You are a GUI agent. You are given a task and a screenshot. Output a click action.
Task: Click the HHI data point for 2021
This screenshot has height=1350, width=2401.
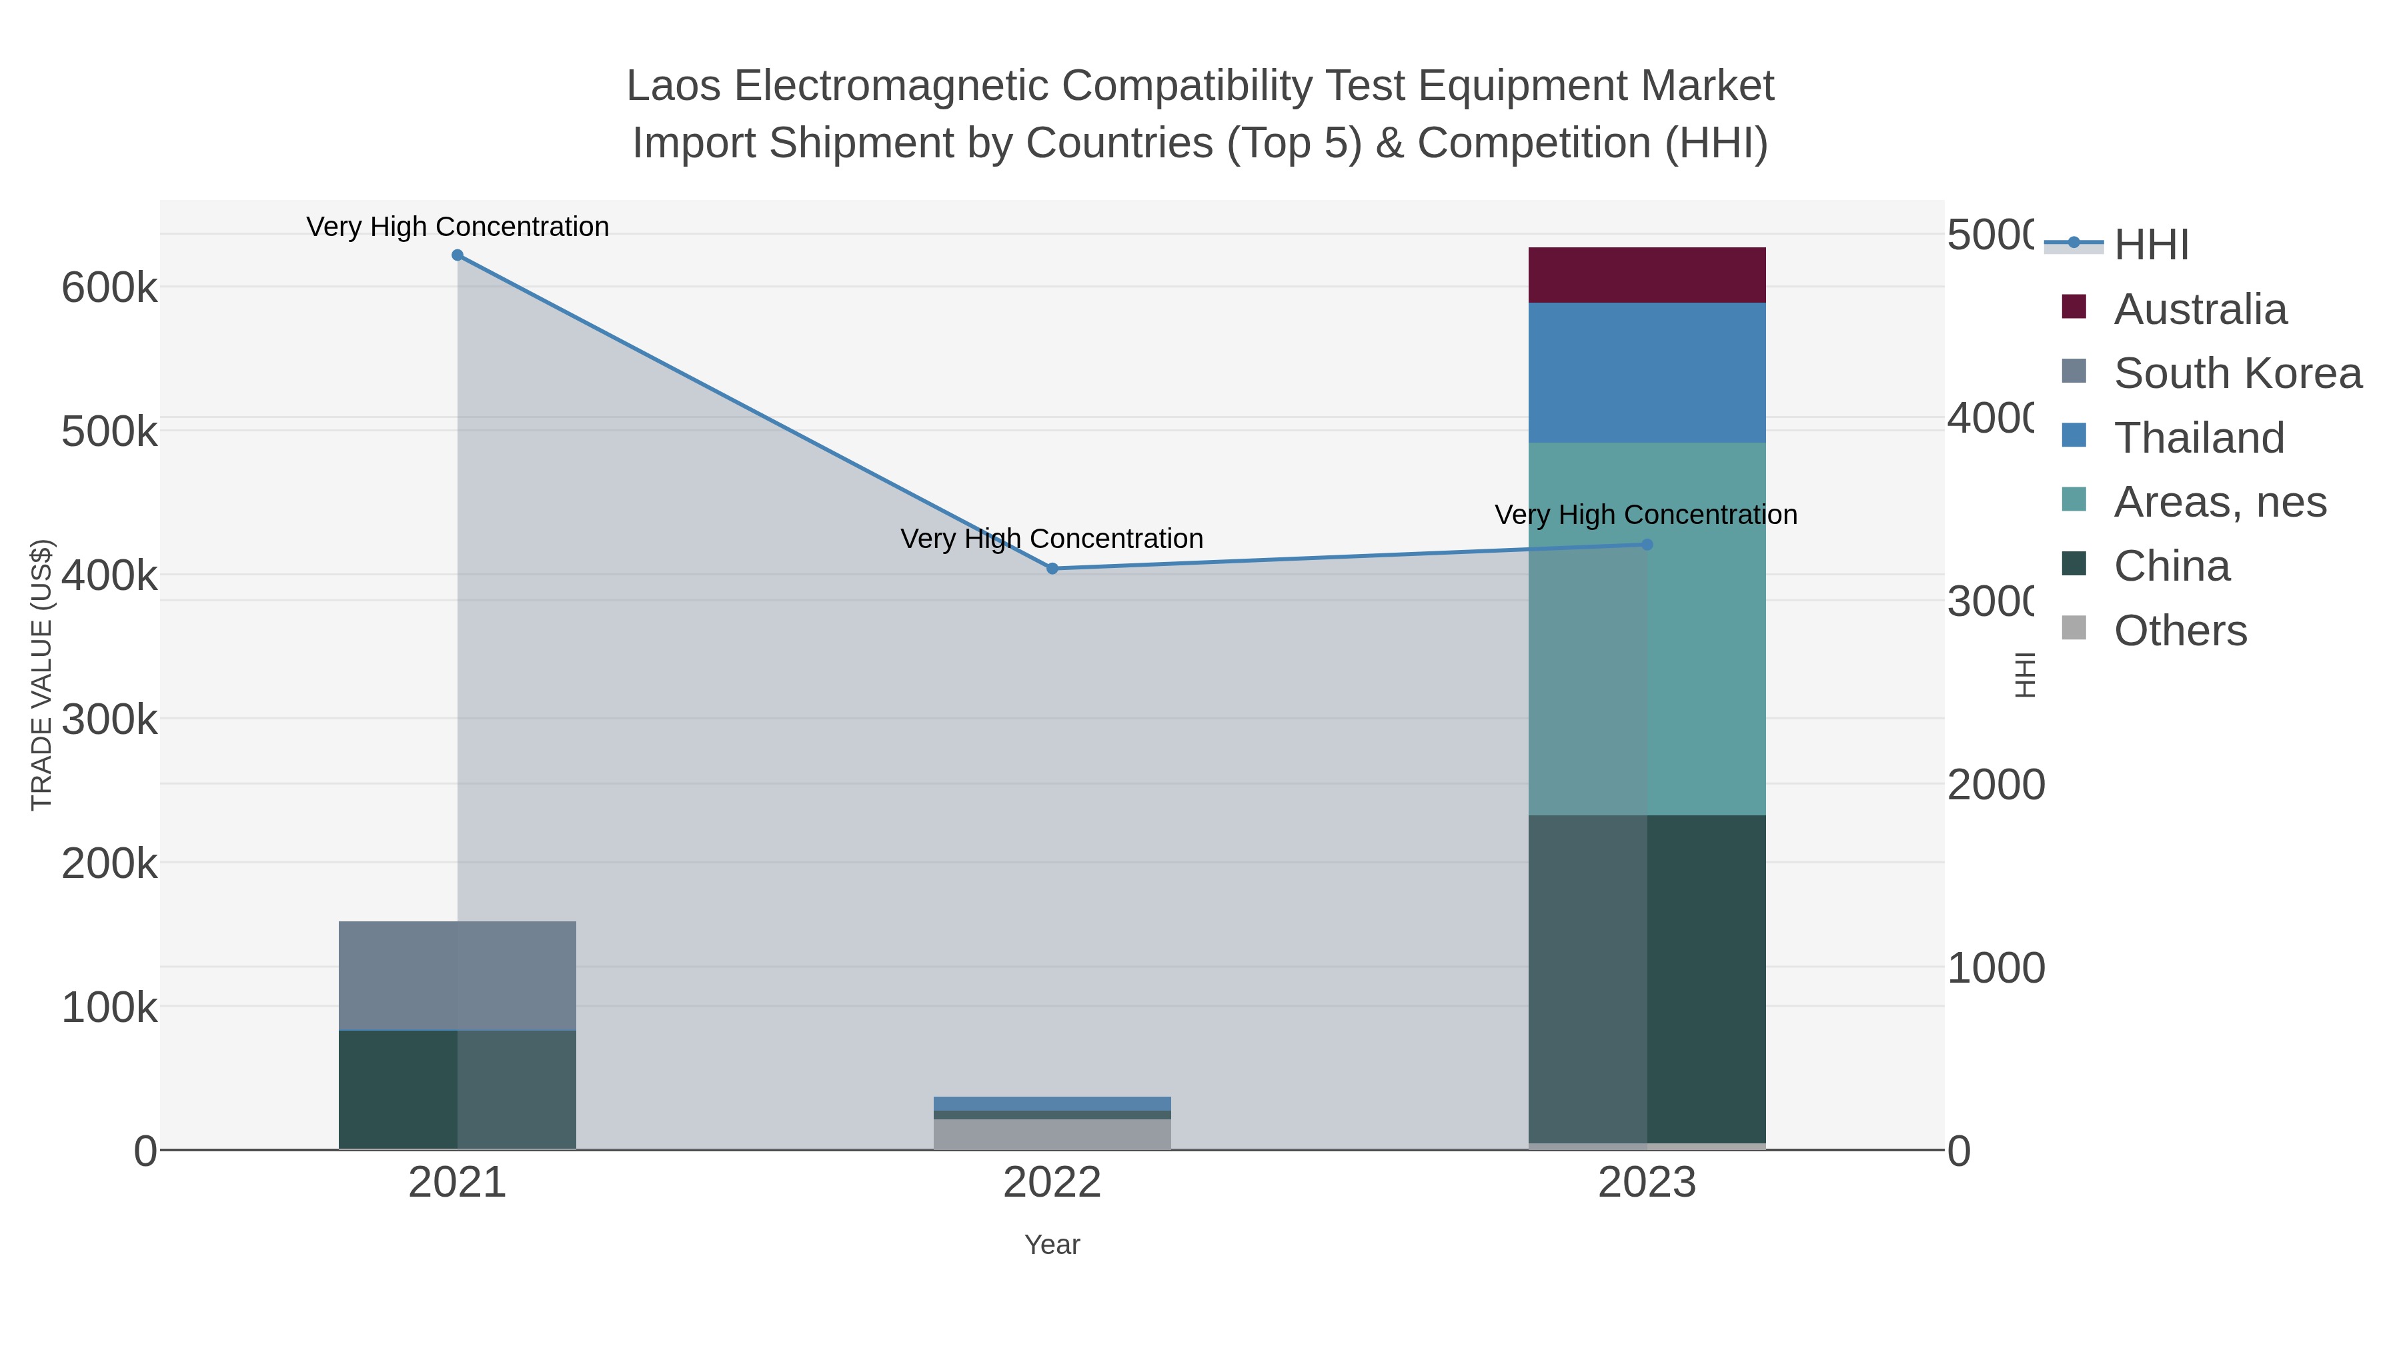(x=457, y=255)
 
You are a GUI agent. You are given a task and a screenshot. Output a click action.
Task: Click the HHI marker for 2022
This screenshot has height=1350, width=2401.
(x=1052, y=568)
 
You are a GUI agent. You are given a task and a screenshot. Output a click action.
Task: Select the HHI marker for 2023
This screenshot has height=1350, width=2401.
(x=1647, y=544)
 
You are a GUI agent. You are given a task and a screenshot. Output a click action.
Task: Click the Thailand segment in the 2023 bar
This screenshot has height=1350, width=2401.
(x=1647, y=373)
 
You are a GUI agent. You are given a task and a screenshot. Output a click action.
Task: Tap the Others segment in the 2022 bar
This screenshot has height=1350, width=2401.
(x=1052, y=1134)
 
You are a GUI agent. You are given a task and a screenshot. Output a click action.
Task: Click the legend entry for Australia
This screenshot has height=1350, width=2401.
(x=2200, y=309)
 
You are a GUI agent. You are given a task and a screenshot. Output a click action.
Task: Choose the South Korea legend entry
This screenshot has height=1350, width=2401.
(x=2237, y=373)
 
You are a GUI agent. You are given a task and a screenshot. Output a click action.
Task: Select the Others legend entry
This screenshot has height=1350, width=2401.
(x=2179, y=631)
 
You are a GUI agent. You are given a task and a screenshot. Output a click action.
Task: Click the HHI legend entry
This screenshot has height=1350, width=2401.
(x=2150, y=245)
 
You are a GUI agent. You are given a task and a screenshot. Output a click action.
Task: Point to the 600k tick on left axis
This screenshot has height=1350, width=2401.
(x=109, y=288)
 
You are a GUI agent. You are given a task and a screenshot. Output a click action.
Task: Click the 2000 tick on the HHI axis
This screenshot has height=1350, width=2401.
(x=1995, y=785)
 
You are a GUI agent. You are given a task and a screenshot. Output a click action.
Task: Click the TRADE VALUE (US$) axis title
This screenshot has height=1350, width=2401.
(x=42, y=675)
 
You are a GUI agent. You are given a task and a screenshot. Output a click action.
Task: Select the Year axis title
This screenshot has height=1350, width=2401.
(x=1052, y=1245)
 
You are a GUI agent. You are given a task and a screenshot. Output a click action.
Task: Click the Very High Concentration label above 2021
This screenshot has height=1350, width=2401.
(x=457, y=227)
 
